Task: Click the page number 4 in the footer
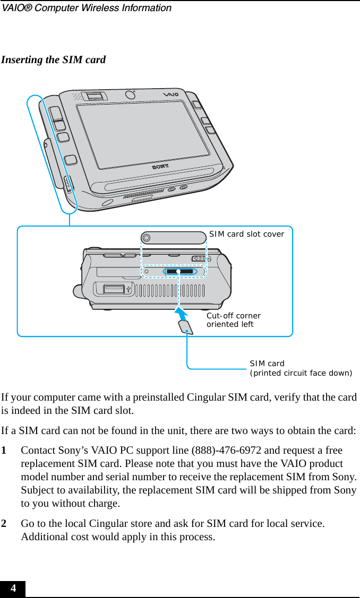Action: [x=13, y=588]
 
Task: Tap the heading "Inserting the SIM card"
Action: [x=53, y=59]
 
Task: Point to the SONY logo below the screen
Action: [x=160, y=166]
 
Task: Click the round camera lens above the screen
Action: [x=130, y=95]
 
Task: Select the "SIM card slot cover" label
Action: [x=246, y=234]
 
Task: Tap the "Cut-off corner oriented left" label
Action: [x=234, y=320]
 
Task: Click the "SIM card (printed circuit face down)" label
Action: [x=301, y=368]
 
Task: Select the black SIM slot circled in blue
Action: [x=179, y=272]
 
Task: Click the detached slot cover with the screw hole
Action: [x=173, y=238]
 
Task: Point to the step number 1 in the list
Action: [x=4, y=450]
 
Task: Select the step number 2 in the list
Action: [x=4, y=524]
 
